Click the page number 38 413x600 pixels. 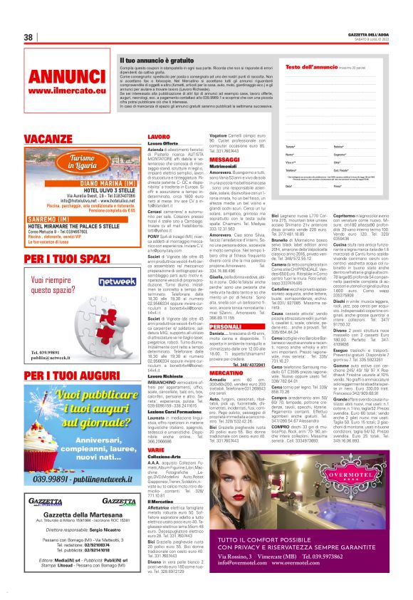tap(28, 37)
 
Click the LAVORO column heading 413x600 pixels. tap(159, 135)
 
